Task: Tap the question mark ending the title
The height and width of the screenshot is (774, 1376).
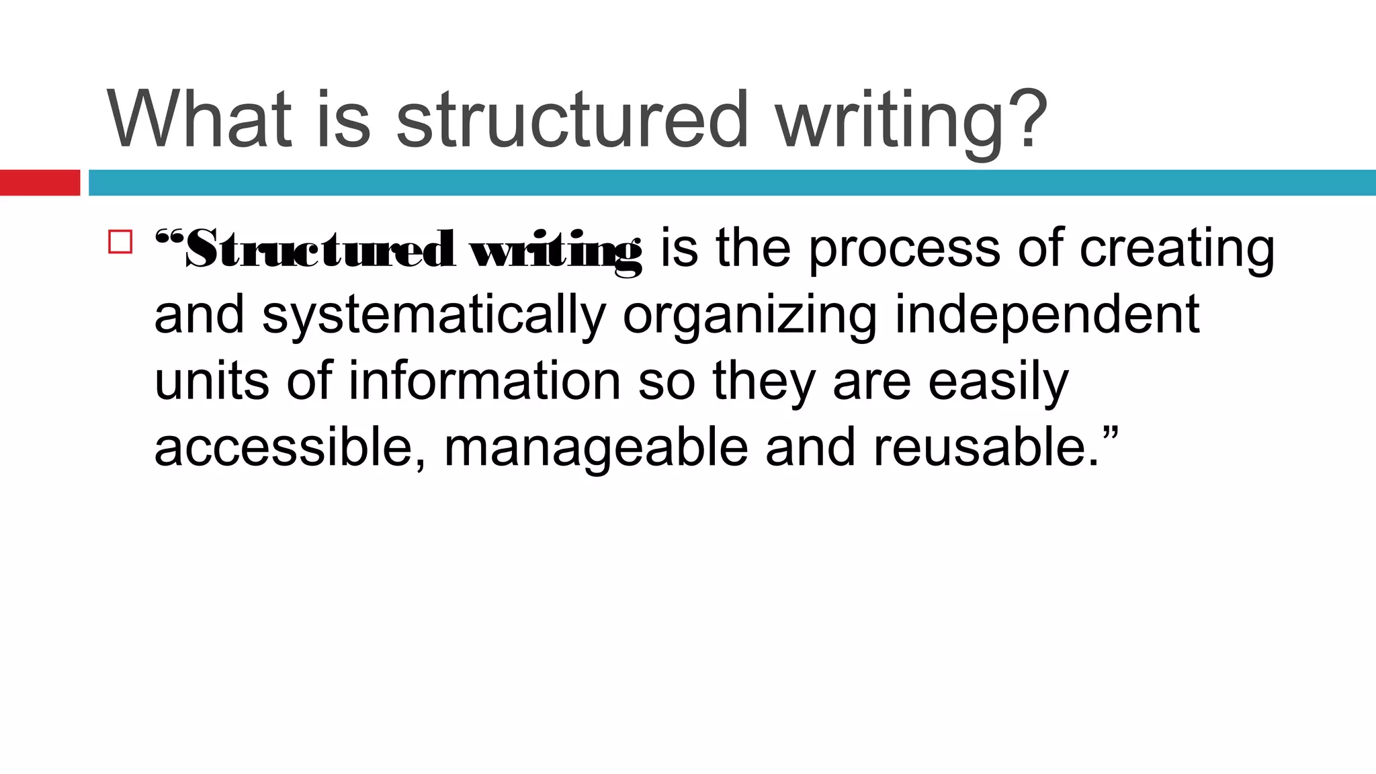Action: (x=1026, y=120)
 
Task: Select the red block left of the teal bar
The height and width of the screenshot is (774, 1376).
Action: (x=40, y=183)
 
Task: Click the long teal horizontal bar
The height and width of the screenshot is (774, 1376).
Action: (x=732, y=183)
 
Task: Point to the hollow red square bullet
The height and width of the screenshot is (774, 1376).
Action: (x=120, y=242)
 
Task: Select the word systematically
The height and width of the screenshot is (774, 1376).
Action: (x=434, y=316)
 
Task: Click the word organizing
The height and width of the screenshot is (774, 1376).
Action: (x=750, y=316)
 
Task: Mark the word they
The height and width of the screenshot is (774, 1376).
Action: (x=764, y=382)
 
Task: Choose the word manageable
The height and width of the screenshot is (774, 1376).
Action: (x=596, y=449)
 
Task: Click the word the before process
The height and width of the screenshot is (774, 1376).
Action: (x=753, y=249)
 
